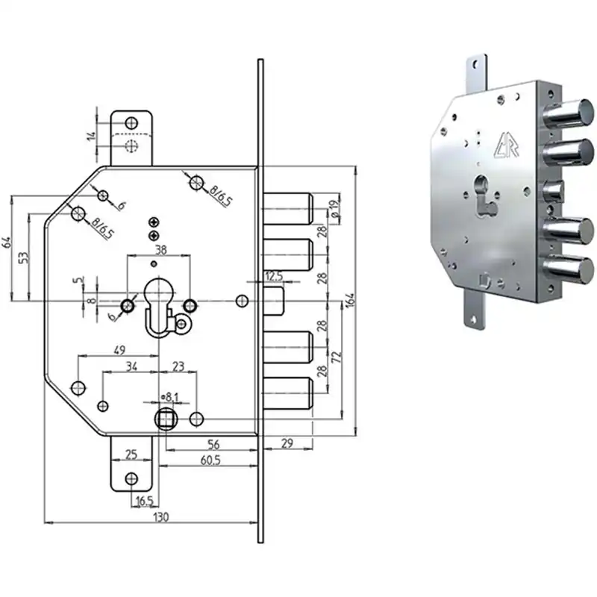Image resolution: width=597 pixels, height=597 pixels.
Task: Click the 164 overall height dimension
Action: click(x=351, y=300)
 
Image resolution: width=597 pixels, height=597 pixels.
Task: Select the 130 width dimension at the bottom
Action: click(x=160, y=517)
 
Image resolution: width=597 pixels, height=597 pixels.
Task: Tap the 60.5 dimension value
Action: click(x=210, y=460)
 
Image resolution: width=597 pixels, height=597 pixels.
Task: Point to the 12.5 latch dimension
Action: click(x=274, y=276)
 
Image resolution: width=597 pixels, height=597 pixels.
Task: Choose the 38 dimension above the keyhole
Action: click(x=160, y=250)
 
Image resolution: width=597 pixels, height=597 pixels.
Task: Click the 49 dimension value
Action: click(x=119, y=350)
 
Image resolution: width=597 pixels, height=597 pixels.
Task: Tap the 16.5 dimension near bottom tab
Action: click(x=144, y=501)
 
